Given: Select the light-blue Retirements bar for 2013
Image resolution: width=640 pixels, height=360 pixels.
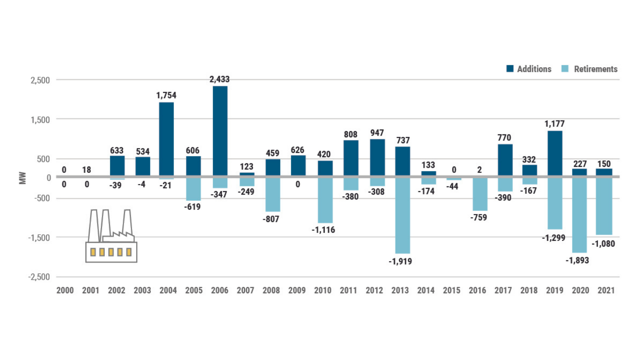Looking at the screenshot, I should point(402,215).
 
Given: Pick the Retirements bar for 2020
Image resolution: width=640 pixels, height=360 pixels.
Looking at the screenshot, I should point(579,214).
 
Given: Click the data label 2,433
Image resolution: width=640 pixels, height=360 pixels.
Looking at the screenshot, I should point(220,79).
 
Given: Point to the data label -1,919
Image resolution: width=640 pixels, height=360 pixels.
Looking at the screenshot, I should point(400,261).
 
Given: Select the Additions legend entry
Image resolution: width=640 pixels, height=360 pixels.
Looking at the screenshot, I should point(529,69).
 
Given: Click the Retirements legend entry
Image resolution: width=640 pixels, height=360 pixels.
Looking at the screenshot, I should point(590,69).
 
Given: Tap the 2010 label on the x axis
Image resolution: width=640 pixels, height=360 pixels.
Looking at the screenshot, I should point(322,290).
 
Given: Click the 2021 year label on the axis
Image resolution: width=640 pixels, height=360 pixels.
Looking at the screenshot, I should point(606,290).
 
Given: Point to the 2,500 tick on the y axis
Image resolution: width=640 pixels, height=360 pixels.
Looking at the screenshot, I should point(40,80).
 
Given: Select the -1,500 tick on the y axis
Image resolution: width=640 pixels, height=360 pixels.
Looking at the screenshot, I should point(39,238).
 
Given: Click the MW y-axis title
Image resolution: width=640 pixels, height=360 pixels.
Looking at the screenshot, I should point(22,178).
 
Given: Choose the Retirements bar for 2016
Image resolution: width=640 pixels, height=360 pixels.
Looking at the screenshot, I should point(480,194).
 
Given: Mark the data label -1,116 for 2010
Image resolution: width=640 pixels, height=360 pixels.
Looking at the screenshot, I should point(323,230).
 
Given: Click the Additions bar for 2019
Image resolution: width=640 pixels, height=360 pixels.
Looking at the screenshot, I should point(554,153).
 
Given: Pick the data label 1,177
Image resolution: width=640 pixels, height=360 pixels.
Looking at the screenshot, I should point(554,124).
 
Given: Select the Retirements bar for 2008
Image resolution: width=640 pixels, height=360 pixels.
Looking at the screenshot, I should point(273,194).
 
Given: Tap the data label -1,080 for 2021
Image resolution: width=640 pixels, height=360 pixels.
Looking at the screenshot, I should point(603,244).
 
